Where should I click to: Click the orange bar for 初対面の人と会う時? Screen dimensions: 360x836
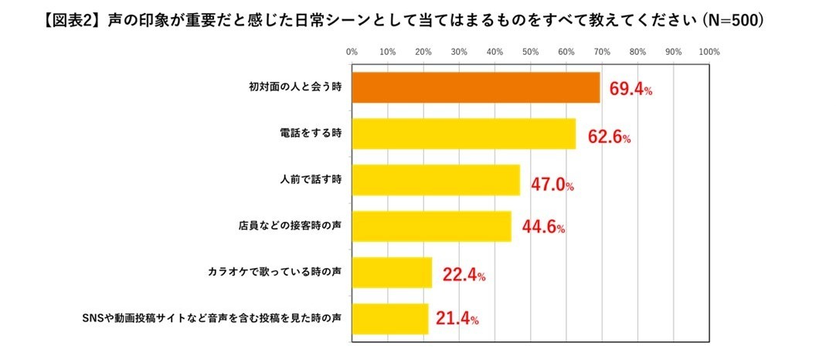point(475,88)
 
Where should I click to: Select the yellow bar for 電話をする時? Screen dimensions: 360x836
point(464,134)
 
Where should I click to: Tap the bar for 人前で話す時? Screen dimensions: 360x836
point(435,180)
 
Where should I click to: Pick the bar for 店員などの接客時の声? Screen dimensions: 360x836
point(431,226)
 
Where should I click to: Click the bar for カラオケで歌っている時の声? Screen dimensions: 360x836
point(392,273)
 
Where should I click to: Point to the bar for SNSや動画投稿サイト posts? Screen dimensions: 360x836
point(389,318)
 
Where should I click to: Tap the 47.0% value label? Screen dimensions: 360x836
point(552,184)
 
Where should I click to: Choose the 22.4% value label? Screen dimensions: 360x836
point(463,274)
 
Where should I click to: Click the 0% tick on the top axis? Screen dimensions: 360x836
point(352,52)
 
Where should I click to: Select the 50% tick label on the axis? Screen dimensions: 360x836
point(530,52)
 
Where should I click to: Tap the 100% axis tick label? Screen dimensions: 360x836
point(709,52)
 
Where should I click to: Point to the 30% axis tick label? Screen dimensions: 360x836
point(459,52)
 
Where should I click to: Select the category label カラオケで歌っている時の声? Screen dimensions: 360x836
point(274,273)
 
